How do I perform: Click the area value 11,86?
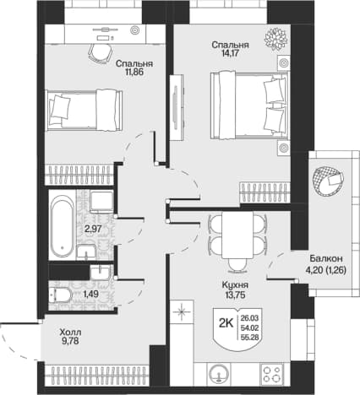134,72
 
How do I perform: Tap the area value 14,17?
230,53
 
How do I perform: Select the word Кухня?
235,285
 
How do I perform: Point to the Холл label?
70,333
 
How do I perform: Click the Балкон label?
326,258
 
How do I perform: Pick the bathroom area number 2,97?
93,229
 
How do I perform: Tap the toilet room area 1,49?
90,295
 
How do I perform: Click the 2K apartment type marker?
226,324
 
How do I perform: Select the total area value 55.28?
250,338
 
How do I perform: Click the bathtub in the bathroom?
63,225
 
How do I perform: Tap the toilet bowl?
61,295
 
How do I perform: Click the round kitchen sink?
219,374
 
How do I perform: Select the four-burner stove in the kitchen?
272,374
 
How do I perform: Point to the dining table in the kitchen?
237,235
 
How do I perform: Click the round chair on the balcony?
328,181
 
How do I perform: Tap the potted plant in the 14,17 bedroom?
275,39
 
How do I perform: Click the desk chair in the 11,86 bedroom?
101,53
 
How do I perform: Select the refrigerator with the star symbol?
182,311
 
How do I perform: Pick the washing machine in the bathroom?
101,201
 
